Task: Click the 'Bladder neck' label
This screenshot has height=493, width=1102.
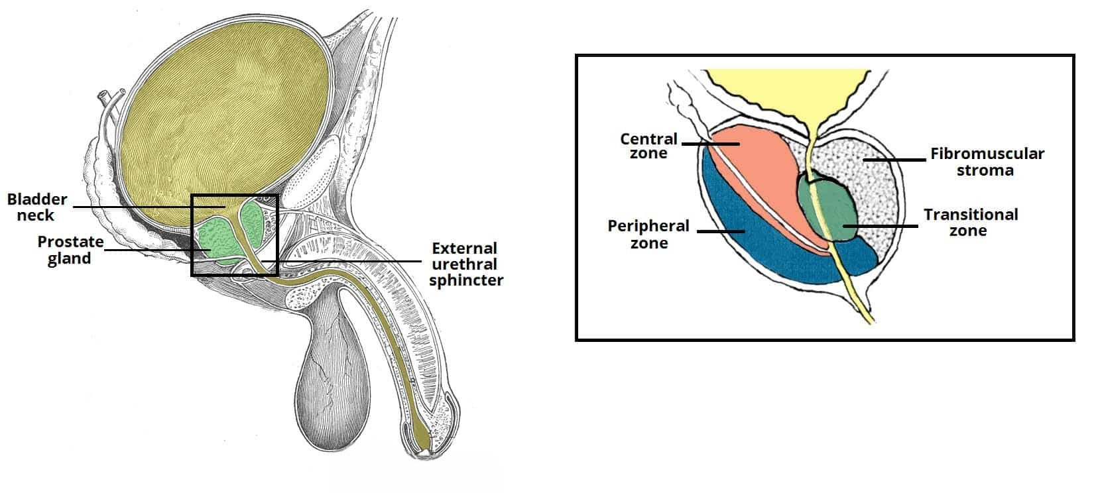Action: coord(37,207)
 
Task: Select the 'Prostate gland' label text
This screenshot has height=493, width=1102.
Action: coord(70,250)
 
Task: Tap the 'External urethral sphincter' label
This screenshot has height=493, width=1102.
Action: coord(465,264)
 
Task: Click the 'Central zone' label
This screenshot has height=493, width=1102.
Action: coord(648,146)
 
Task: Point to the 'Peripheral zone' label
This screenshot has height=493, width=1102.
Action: coord(648,234)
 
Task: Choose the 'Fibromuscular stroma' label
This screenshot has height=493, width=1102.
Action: coord(987,162)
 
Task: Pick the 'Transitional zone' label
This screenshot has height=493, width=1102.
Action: coord(970,222)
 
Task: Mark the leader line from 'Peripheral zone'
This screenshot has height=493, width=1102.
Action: coord(721,231)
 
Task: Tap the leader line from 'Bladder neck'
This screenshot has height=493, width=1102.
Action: coord(133,207)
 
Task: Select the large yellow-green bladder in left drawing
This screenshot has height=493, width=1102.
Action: coord(225,119)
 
